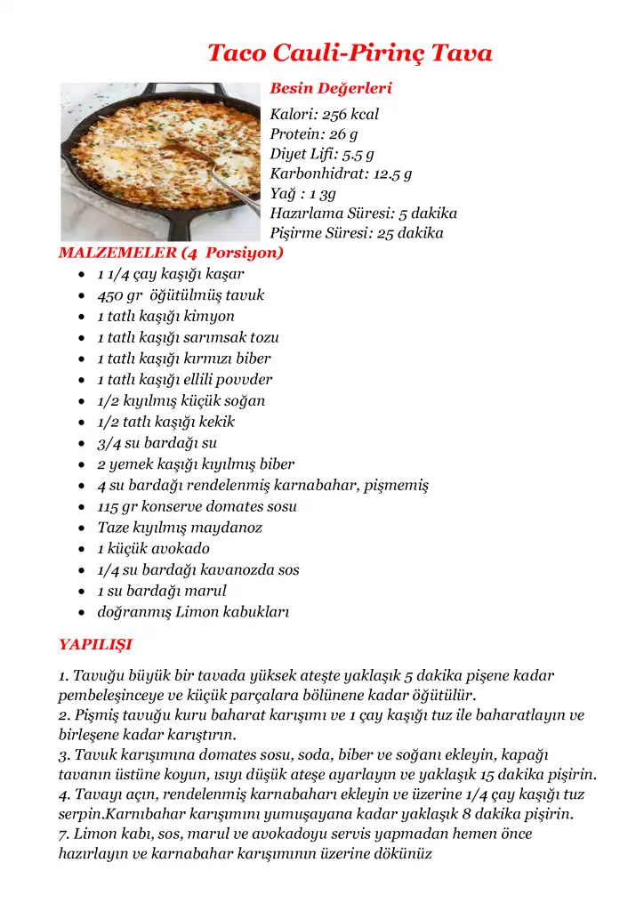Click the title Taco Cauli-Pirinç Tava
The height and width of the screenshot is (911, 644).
350,53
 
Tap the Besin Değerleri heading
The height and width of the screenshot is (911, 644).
330,89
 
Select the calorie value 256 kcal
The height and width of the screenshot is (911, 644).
350,114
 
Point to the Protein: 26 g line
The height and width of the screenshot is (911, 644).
313,133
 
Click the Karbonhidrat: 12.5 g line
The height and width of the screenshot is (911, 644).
341,173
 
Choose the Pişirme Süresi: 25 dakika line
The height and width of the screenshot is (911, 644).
357,233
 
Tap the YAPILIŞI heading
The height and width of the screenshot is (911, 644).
95,643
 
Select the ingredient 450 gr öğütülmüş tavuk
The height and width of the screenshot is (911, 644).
181,295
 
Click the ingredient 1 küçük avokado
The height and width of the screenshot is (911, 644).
153,549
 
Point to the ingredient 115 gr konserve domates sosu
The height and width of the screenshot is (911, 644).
197,506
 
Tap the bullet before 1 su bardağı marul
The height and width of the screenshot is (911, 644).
81,592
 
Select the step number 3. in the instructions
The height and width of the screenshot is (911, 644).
64,754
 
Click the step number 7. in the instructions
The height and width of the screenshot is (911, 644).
64,834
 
